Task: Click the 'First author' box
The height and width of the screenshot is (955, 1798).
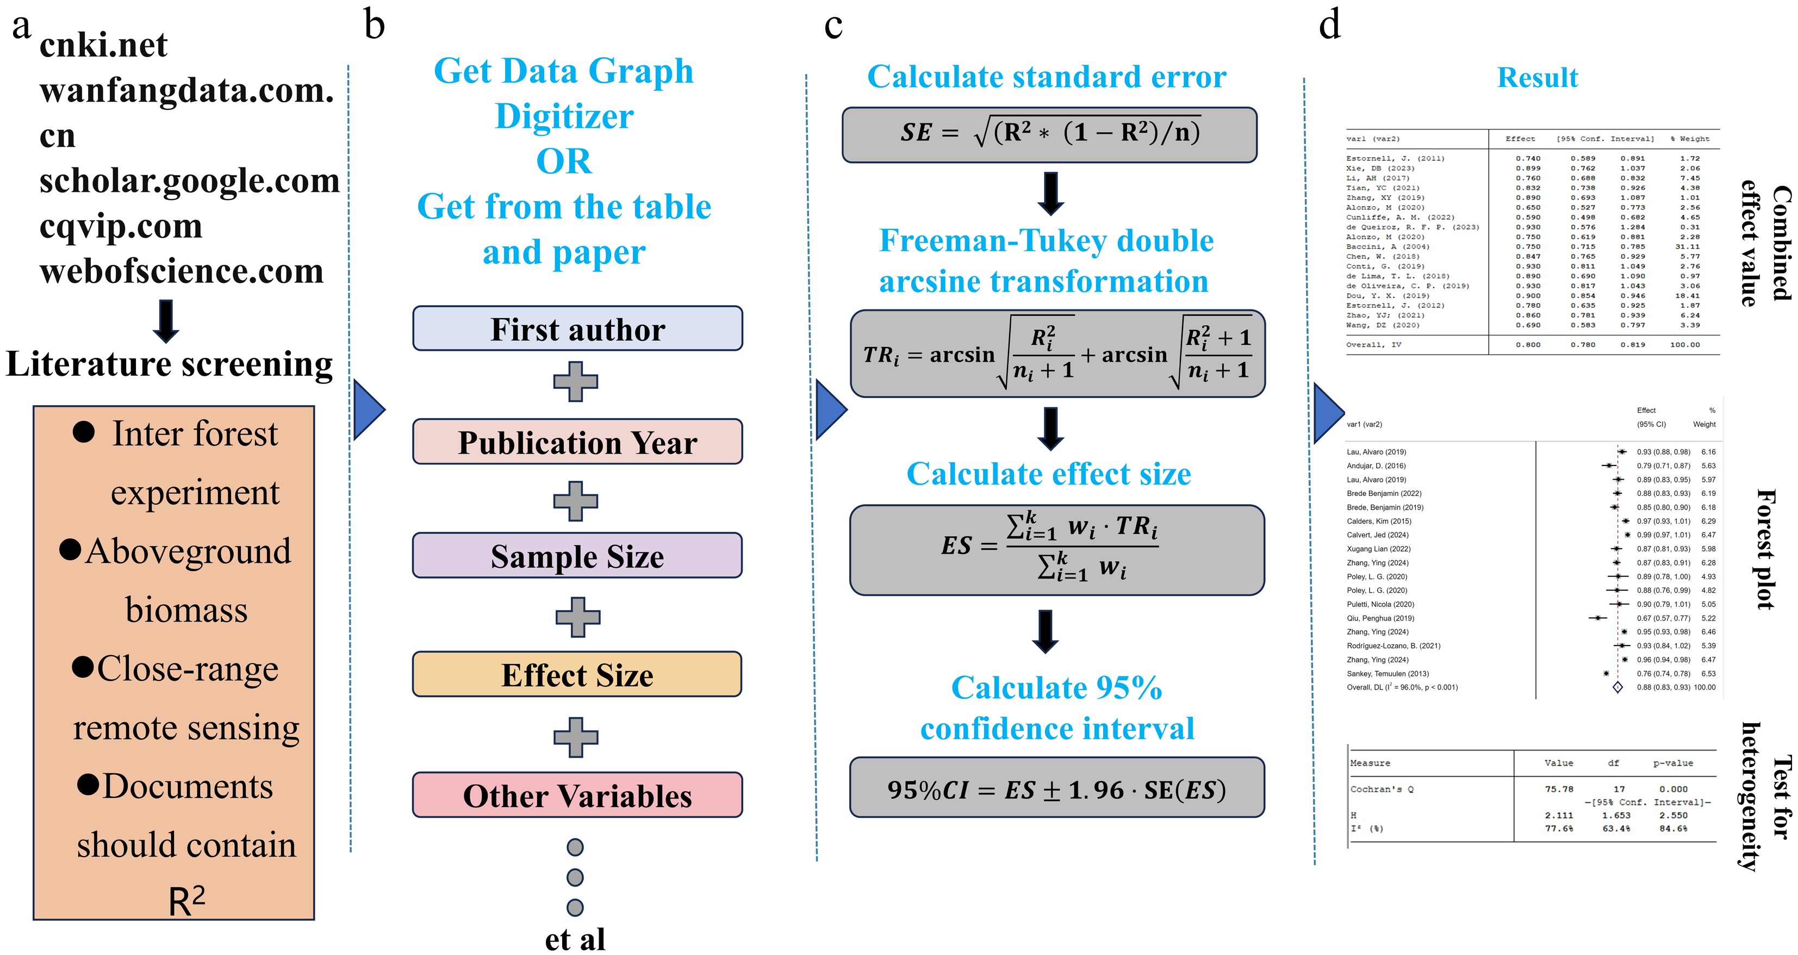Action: (577, 329)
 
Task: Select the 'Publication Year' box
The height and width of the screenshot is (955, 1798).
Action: (577, 442)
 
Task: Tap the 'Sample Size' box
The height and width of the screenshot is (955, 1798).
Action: (577, 556)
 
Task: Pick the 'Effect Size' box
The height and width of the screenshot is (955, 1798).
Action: (577, 674)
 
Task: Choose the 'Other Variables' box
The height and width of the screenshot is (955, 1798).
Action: (577, 795)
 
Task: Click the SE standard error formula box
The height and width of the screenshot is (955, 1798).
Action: (1049, 134)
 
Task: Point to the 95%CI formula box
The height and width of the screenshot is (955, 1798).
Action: (1057, 788)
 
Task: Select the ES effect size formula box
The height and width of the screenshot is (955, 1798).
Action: (1057, 550)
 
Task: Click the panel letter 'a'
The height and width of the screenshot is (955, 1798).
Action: (21, 27)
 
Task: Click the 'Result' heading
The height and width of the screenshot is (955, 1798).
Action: (1537, 77)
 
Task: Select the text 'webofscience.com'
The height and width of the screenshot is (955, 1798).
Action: (182, 271)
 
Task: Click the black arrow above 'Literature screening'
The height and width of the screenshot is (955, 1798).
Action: (166, 320)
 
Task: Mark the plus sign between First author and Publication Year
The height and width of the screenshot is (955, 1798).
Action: (576, 382)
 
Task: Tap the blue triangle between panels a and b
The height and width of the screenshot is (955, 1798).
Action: (369, 410)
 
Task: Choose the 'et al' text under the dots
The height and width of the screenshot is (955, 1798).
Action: (575, 939)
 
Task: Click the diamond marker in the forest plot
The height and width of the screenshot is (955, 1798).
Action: (1617, 687)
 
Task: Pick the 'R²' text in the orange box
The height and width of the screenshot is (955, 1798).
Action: (186, 901)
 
